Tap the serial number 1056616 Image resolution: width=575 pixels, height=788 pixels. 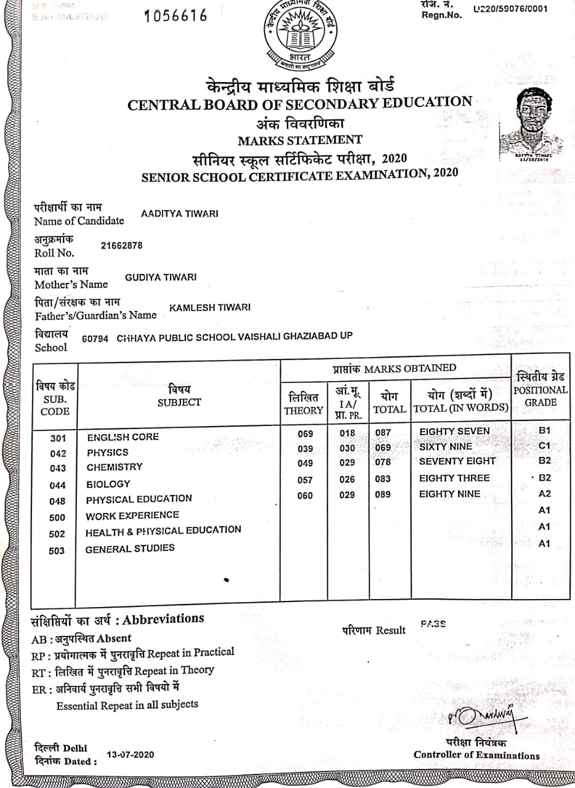(x=175, y=16)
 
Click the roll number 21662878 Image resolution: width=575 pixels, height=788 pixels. (x=121, y=245)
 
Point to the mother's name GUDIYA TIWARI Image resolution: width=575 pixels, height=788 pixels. (x=161, y=277)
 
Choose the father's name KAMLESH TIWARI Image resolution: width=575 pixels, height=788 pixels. (x=210, y=307)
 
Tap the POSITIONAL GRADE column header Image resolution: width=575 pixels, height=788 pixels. (x=541, y=390)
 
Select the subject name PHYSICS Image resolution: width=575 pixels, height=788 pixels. (x=108, y=452)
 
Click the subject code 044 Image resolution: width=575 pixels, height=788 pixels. (x=57, y=485)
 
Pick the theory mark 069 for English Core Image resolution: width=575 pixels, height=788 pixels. (x=305, y=433)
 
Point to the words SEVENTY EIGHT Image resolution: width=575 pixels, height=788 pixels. (x=457, y=461)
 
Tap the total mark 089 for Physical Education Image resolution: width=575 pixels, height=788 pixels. (x=382, y=494)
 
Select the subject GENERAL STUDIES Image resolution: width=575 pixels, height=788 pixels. (x=130, y=549)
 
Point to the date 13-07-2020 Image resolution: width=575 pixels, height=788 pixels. (x=131, y=755)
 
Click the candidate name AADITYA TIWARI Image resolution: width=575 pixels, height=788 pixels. (x=180, y=214)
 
